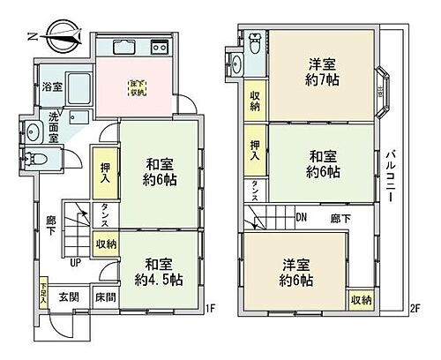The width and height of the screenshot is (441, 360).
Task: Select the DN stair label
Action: point(301,217)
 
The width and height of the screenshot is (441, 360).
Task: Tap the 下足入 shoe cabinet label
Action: point(42,292)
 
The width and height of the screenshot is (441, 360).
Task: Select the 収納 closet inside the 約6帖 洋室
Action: point(359,300)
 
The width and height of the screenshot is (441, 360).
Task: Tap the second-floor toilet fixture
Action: point(255,41)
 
